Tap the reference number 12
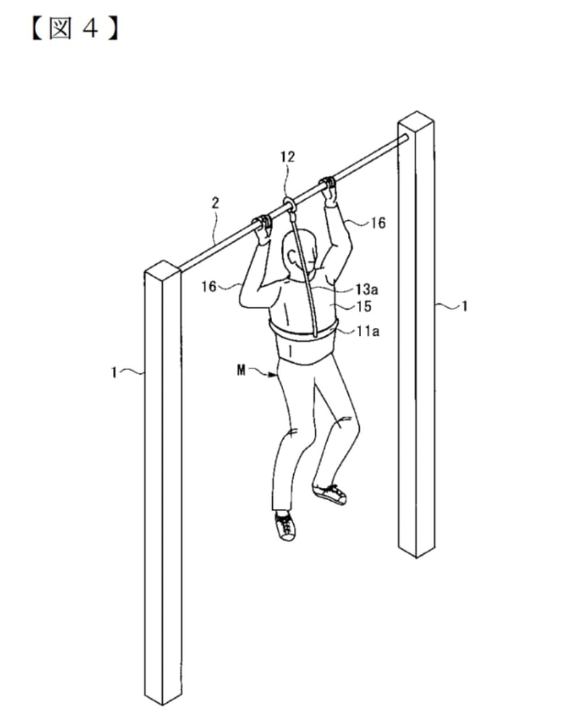tap(287, 157)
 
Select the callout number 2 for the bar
tap(215, 203)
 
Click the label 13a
tap(367, 290)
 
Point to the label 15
tap(364, 306)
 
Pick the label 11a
tap(368, 331)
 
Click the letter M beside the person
tap(241, 371)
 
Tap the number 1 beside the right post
tap(465, 306)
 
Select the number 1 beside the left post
tap(114, 372)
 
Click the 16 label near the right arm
tap(378, 223)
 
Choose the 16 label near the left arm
tap(208, 287)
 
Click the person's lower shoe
tap(285, 525)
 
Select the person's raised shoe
tap(329, 494)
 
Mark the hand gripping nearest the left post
tap(263, 229)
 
